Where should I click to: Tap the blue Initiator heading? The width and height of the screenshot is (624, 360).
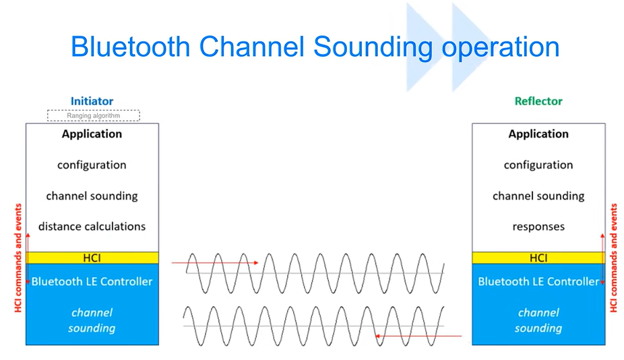pos(92,101)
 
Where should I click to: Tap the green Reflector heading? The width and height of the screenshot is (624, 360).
pos(538,101)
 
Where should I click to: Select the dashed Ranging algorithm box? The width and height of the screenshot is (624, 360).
pos(93,115)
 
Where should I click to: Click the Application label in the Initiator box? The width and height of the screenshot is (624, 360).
pos(92,133)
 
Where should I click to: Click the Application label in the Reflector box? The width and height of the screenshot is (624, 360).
pos(538,133)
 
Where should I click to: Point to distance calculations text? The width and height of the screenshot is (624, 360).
pos(92,226)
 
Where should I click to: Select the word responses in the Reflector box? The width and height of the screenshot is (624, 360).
pos(538,226)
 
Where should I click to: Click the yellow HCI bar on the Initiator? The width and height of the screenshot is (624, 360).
pos(92,258)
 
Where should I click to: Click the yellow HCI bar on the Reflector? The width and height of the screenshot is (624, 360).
pos(538,258)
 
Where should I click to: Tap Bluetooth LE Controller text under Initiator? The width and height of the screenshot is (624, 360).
pos(92,281)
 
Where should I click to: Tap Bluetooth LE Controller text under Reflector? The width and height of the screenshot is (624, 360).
pos(538,281)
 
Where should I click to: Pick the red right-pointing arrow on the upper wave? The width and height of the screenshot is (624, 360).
pos(215,263)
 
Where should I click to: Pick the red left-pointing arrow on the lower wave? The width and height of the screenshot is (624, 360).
pos(418,335)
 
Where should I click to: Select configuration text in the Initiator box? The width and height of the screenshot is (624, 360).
pos(92,164)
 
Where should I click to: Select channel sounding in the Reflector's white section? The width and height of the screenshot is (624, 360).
pos(538,196)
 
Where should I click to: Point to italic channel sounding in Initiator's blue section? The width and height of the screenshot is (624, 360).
pos(92,320)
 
